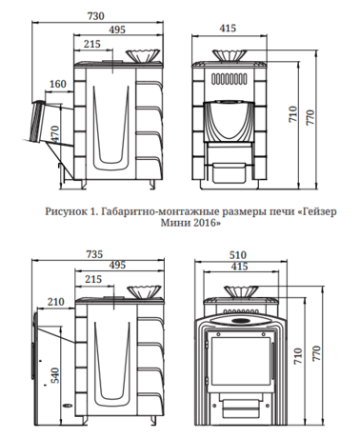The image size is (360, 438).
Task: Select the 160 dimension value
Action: (x=57, y=84)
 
